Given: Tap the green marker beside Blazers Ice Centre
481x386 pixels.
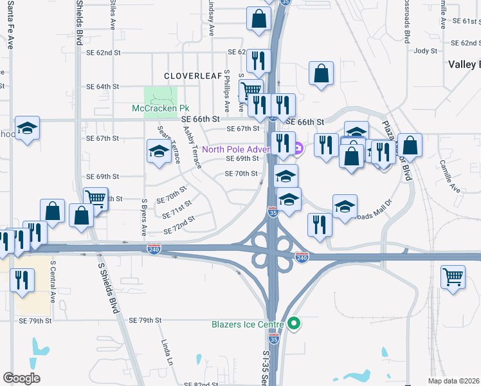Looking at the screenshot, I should coord(295,324).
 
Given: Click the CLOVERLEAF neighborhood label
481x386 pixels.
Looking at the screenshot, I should coord(188,76).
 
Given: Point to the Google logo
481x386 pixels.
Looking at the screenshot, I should coord(21,378).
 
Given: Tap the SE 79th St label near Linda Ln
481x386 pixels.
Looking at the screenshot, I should coord(144,320).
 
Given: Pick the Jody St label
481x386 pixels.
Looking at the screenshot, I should coord(426,51).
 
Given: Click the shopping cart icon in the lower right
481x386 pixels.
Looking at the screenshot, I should coord(453,279).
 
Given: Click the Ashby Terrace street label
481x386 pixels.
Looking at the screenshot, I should coord(192,147).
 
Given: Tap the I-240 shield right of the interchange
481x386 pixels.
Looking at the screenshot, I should coord(302,257).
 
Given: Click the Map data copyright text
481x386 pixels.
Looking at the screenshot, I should coord(454,380).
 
